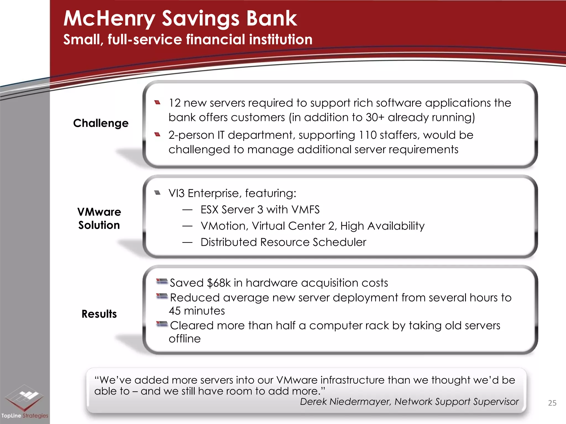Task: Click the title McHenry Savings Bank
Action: [x=180, y=19]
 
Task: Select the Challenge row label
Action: [x=101, y=123]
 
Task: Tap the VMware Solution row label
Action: [x=99, y=218]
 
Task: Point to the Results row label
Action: [x=99, y=314]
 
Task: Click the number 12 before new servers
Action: [x=174, y=103]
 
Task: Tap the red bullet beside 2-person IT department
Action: [x=158, y=135]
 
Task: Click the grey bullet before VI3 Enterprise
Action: [x=158, y=193]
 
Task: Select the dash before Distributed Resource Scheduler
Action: [x=187, y=242]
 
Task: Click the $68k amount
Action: [x=219, y=283]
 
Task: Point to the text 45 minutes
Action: [x=197, y=311]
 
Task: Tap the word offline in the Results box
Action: [x=185, y=339]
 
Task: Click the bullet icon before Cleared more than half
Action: [x=162, y=324]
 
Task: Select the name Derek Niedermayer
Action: [x=345, y=402]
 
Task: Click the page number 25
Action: [x=552, y=403]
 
